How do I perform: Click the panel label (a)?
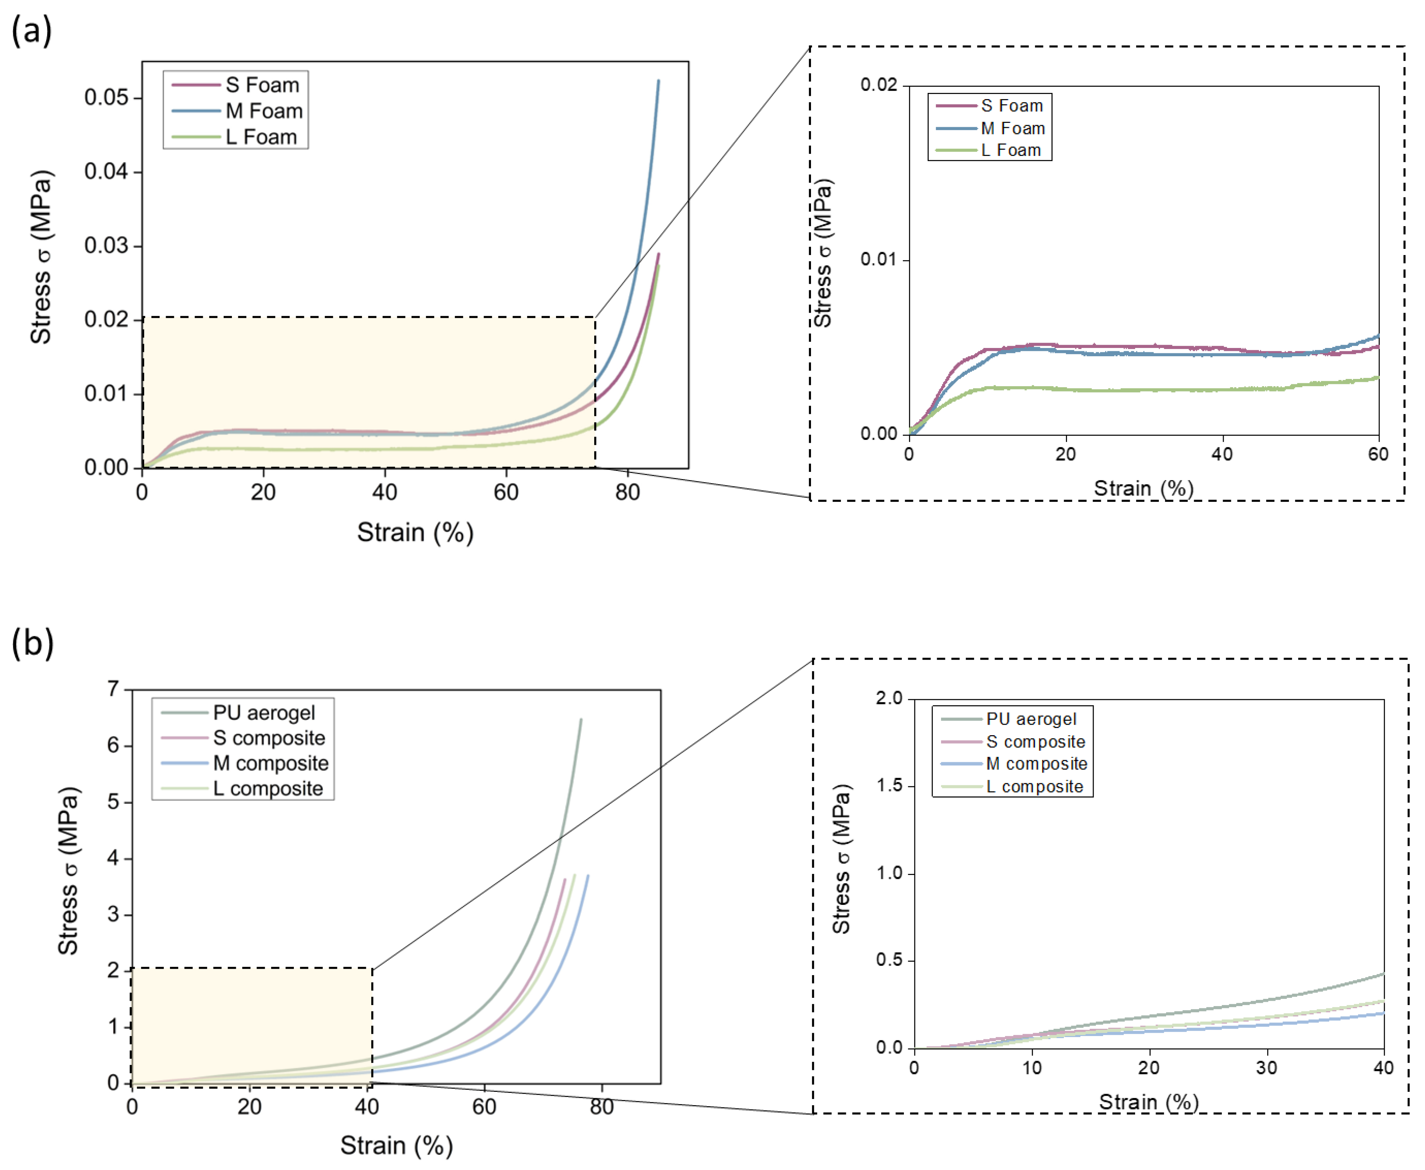[32, 31]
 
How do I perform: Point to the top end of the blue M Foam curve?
[658, 81]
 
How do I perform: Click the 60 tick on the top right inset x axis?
[1378, 454]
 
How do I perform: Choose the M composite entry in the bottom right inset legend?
[1036, 764]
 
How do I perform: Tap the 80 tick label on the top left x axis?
[627, 493]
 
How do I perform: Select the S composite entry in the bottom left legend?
[269, 738]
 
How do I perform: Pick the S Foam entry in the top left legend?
[262, 85]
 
